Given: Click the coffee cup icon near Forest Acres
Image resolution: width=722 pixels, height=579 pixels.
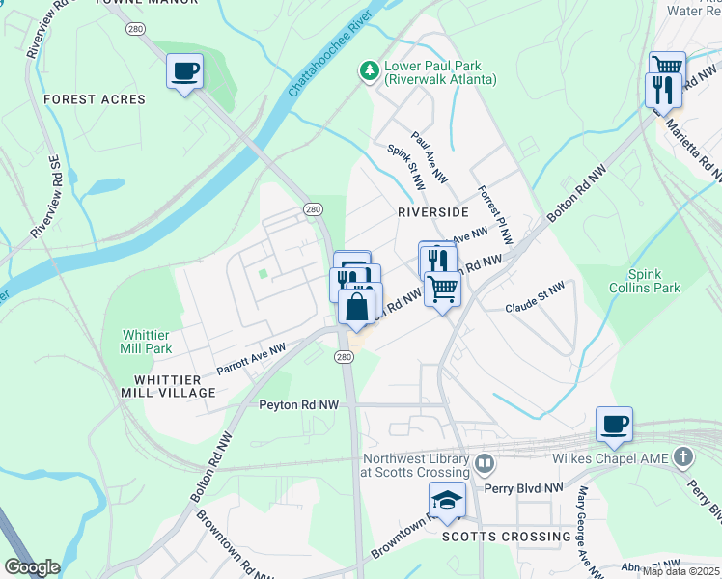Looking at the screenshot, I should (185, 70).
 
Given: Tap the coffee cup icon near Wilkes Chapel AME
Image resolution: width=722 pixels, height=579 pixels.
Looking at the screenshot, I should (614, 424).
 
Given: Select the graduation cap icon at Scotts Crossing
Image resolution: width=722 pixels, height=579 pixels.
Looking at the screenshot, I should (447, 500).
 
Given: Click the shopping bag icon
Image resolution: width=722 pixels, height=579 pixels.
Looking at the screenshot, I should (357, 308).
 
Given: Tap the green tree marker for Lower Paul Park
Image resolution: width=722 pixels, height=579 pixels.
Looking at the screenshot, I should (368, 70).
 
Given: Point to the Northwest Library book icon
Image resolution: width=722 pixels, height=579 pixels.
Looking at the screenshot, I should (484, 464).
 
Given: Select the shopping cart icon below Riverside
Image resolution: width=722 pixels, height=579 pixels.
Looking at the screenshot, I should (442, 287).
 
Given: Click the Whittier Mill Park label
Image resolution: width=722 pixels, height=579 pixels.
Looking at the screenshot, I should (146, 342).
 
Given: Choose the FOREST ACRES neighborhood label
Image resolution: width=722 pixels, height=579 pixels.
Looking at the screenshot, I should (95, 99).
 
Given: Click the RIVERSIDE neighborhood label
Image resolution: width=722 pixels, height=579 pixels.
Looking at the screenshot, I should (433, 211).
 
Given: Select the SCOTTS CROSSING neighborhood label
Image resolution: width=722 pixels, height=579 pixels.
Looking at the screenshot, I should (506, 537).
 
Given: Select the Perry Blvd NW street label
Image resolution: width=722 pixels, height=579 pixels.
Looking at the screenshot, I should (527, 488).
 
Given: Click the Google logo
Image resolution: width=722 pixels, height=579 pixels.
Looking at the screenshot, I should (32, 567).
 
